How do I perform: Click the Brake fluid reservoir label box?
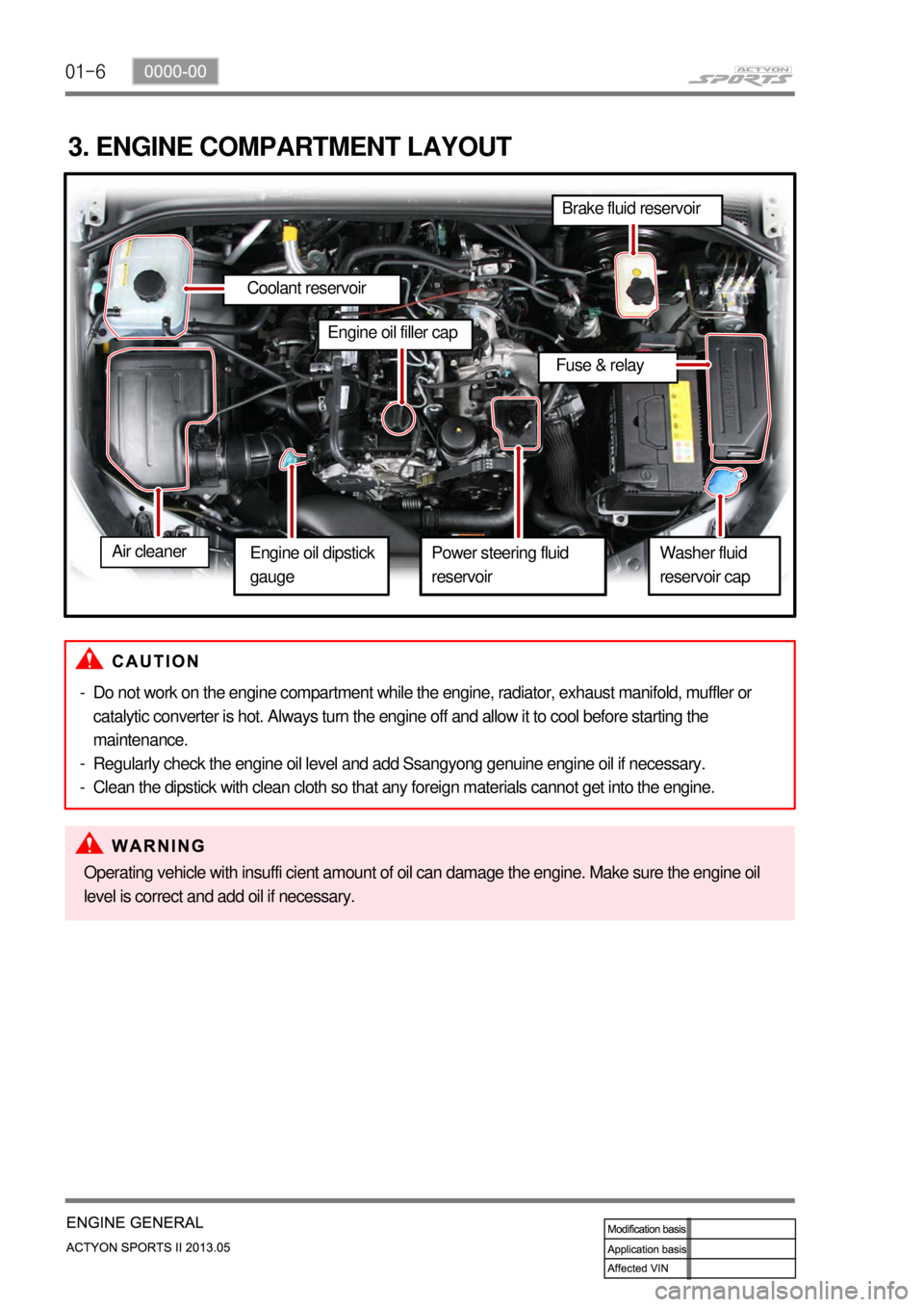tap(636, 209)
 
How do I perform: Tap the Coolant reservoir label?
tap(311, 289)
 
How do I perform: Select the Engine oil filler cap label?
tap(394, 333)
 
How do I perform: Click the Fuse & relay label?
tap(605, 366)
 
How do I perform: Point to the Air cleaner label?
tap(154, 551)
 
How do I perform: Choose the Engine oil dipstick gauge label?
tap(311, 565)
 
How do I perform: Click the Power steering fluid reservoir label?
tap(512, 565)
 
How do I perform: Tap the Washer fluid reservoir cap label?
tap(713, 565)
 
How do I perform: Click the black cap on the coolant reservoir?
tap(149, 285)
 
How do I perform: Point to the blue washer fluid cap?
tap(725, 481)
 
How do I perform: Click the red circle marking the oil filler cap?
tap(398, 419)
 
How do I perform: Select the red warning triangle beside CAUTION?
tap(90, 659)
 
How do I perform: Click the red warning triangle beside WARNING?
tap(90, 844)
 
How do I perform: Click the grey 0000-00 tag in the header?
tap(175, 71)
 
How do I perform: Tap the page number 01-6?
tap(86, 71)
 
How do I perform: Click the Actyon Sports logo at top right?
tap(741, 76)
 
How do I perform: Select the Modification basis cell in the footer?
tap(647, 1229)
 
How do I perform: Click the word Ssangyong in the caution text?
tap(443, 764)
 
